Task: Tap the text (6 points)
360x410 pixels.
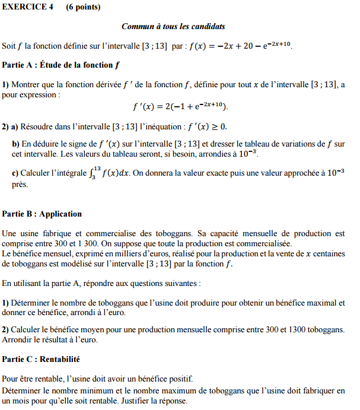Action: [83, 7]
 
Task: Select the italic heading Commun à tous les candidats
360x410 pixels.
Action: [173, 27]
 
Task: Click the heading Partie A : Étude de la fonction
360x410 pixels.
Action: [62, 65]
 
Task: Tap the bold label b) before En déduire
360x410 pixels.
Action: [15, 144]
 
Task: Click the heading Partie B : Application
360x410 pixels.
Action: [42, 214]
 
